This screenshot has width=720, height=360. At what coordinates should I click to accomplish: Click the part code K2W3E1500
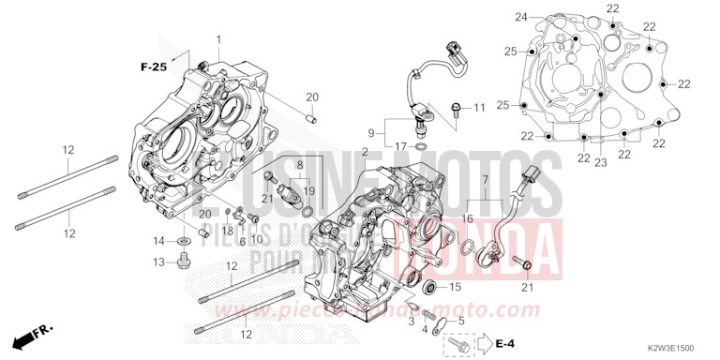point(669,345)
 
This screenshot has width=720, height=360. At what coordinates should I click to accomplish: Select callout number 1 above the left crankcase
point(219,38)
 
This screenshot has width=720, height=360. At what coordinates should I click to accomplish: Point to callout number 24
point(521,17)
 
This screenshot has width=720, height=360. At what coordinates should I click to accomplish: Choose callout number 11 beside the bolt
point(479,109)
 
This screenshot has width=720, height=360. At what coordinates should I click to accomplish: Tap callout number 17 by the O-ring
point(399,147)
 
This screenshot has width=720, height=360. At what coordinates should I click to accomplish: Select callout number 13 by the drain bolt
point(159,262)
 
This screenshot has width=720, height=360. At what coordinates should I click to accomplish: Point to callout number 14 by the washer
point(159,242)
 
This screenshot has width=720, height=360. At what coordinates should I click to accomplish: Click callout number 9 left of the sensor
point(371,131)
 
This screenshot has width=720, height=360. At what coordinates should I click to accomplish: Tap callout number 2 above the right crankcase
point(365,151)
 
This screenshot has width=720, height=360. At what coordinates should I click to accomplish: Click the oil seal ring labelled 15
point(432,285)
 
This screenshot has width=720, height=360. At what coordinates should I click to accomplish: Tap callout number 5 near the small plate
point(459,322)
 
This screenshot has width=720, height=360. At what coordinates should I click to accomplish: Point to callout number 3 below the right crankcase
point(410,321)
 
